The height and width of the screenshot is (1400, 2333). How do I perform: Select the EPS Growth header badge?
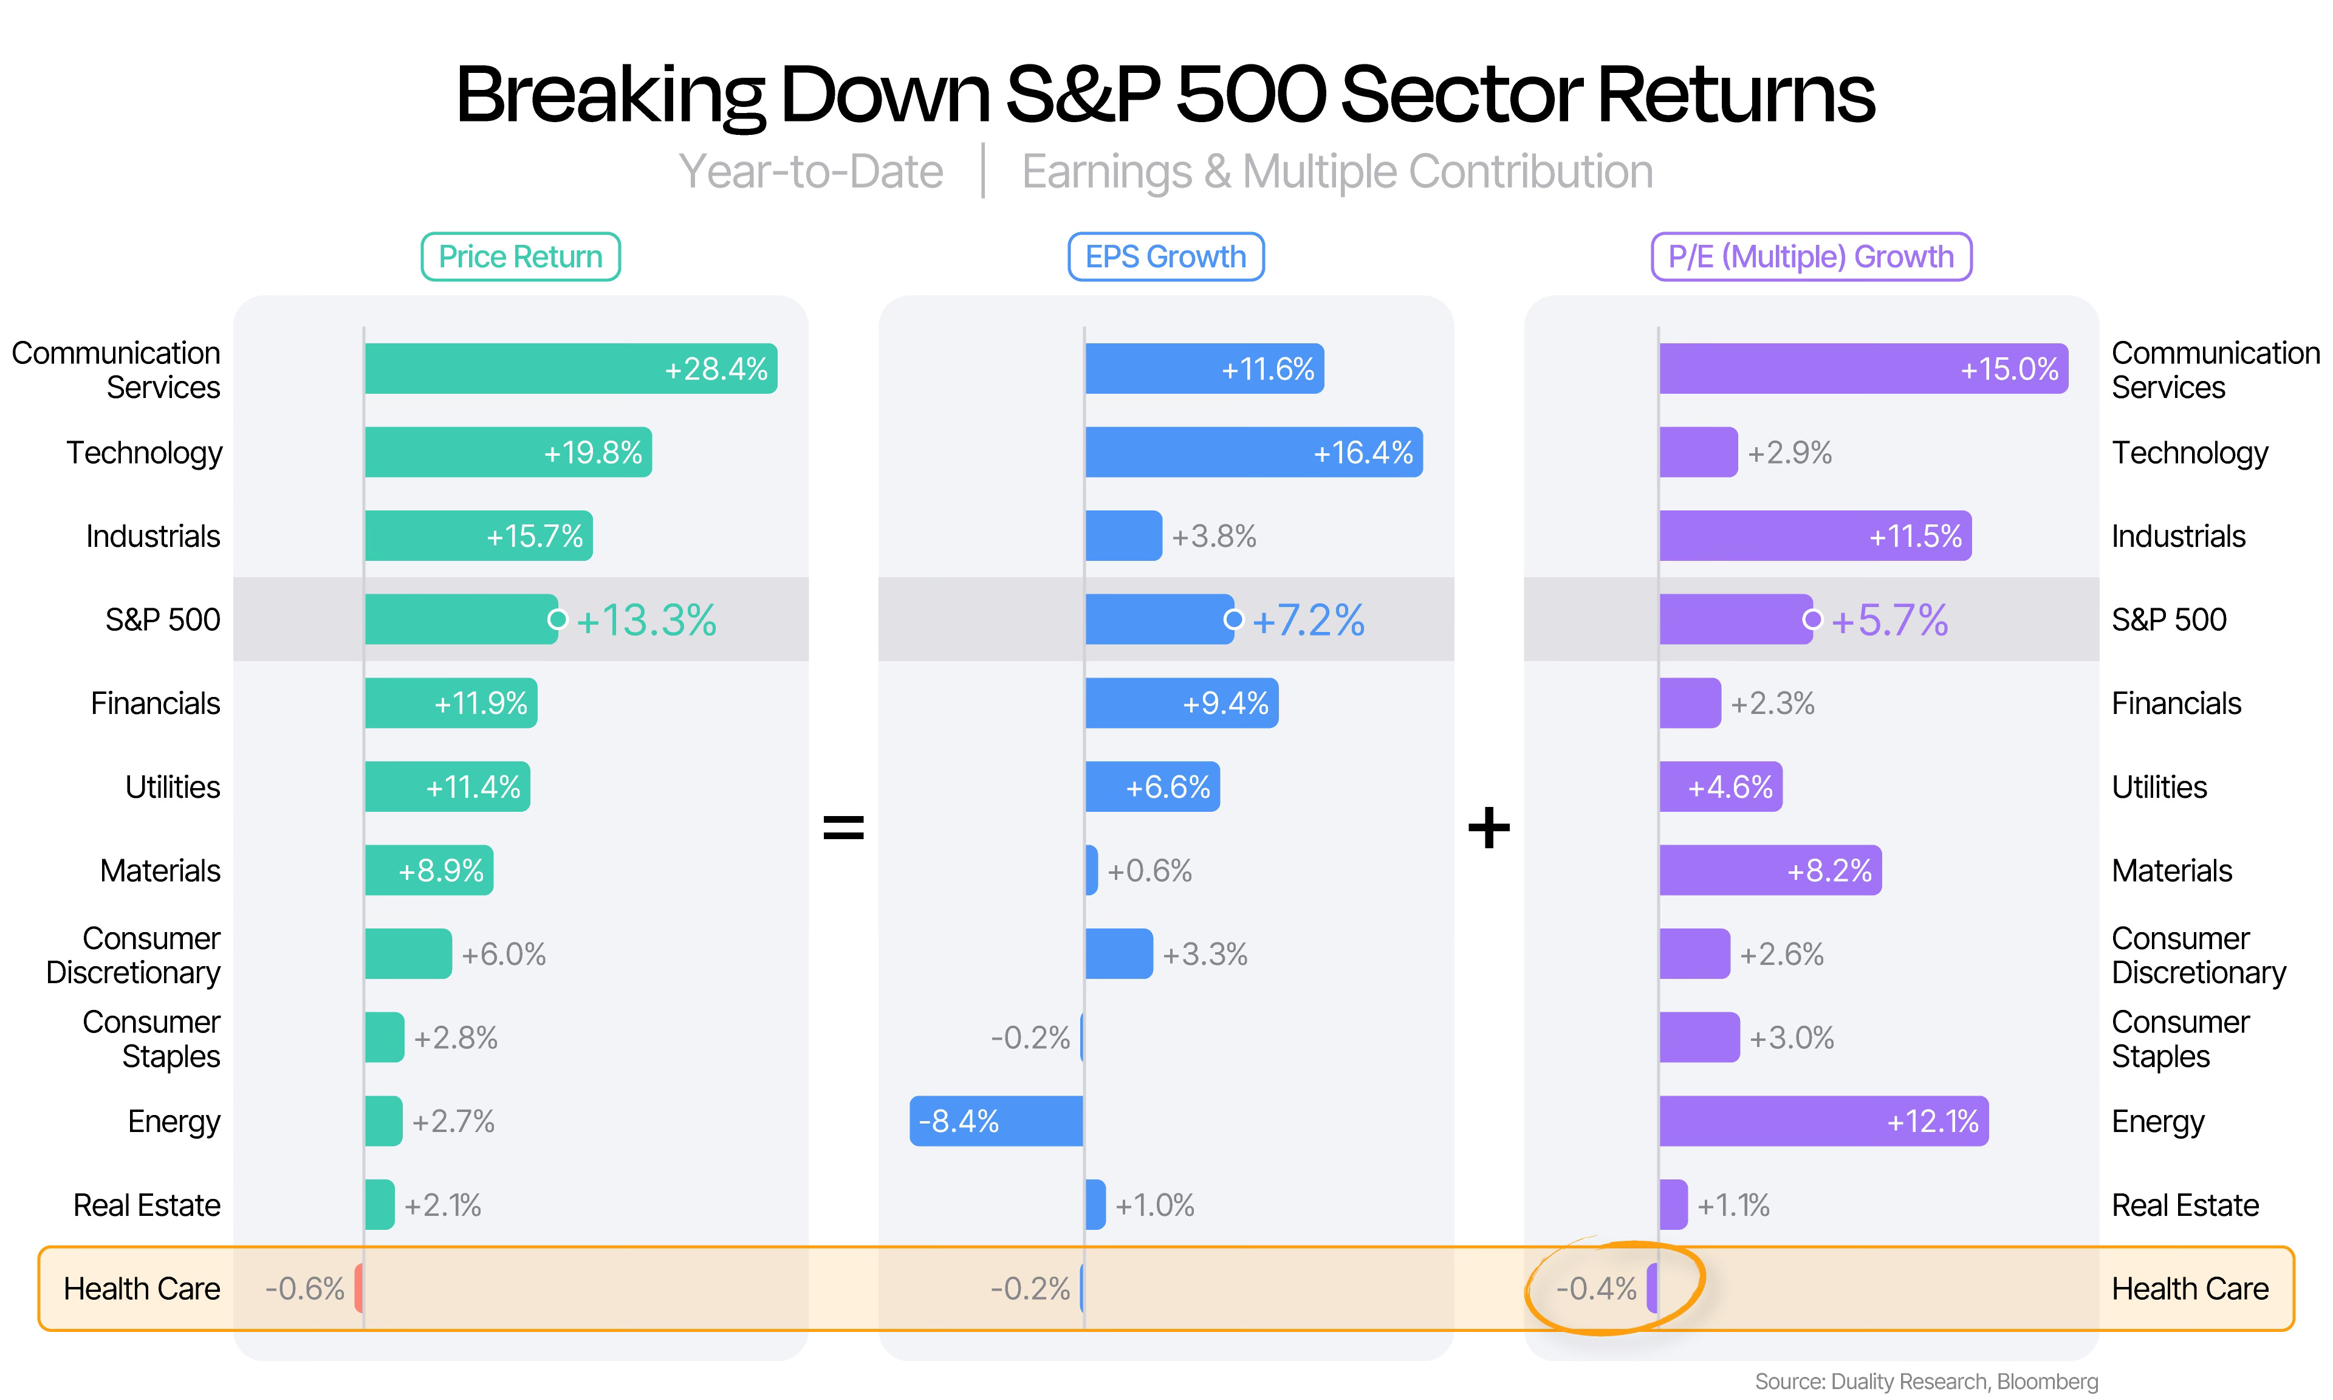pyautogui.click(x=1165, y=256)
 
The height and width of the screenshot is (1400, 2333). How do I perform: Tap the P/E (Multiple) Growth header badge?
pyautogui.click(x=1811, y=256)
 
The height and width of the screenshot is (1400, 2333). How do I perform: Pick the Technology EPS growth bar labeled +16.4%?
pyautogui.click(x=1253, y=452)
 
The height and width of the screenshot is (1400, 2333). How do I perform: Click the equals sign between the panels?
pyautogui.click(x=843, y=828)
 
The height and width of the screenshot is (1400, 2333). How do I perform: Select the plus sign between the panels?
pyautogui.click(x=1489, y=828)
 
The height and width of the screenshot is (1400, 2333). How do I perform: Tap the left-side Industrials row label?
pyautogui.click(x=152, y=536)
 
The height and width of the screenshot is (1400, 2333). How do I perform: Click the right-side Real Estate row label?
pyautogui.click(x=2185, y=1205)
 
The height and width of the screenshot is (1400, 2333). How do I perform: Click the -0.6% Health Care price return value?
pyautogui.click(x=304, y=1289)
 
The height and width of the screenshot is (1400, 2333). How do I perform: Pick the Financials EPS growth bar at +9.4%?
pyautogui.click(x=1182, y=703)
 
